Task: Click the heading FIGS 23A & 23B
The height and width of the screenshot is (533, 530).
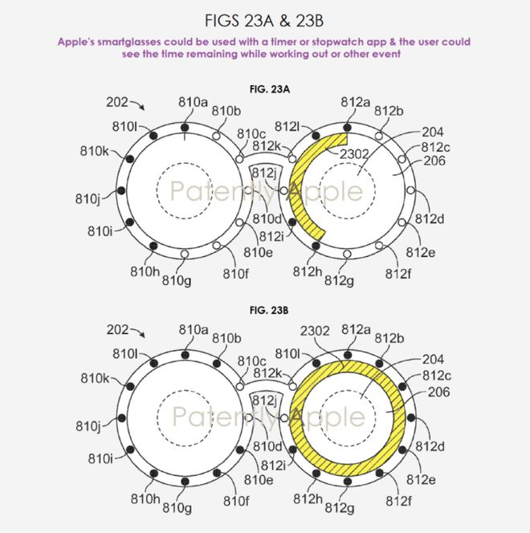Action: click(x=264, y=21)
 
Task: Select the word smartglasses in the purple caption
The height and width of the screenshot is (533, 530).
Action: click(x=128, y=43)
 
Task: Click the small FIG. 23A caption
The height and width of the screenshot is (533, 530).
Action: click(x=270, y=89)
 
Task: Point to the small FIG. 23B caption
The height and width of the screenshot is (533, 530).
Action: click(x=269, y=311)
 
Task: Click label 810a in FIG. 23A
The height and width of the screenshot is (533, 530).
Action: click(x=193, y=102)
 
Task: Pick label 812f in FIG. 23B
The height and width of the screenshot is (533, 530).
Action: click(x=398, y=501)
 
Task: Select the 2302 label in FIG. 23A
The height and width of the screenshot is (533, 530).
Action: click(x=354, y=154)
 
